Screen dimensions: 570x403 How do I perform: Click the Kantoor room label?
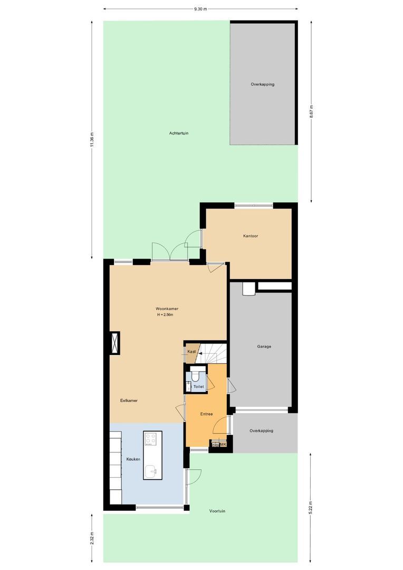[x=251, y=236]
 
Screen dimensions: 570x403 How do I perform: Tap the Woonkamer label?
[x=167, y=308]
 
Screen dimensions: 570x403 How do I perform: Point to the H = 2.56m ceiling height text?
[x=165, y=315]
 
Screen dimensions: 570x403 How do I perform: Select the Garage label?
[x=264, y=347]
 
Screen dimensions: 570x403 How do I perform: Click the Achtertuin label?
[x=179, y=133]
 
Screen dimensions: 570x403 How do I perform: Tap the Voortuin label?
[x=217, y=511]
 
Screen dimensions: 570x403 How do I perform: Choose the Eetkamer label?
[x=129, y=401]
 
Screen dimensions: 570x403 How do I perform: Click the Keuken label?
[x=133, y=459]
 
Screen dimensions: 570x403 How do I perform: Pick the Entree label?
[x=206, y=414]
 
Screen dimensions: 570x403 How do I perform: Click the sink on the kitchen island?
[x=152, y=471]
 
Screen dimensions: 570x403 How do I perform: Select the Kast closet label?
[x=191, y=351]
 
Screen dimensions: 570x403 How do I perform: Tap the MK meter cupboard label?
[x=223, y=444]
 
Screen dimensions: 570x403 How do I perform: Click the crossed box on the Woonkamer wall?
[x=114, y=343]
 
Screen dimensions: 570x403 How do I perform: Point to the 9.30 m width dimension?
[x=200, y=9]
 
